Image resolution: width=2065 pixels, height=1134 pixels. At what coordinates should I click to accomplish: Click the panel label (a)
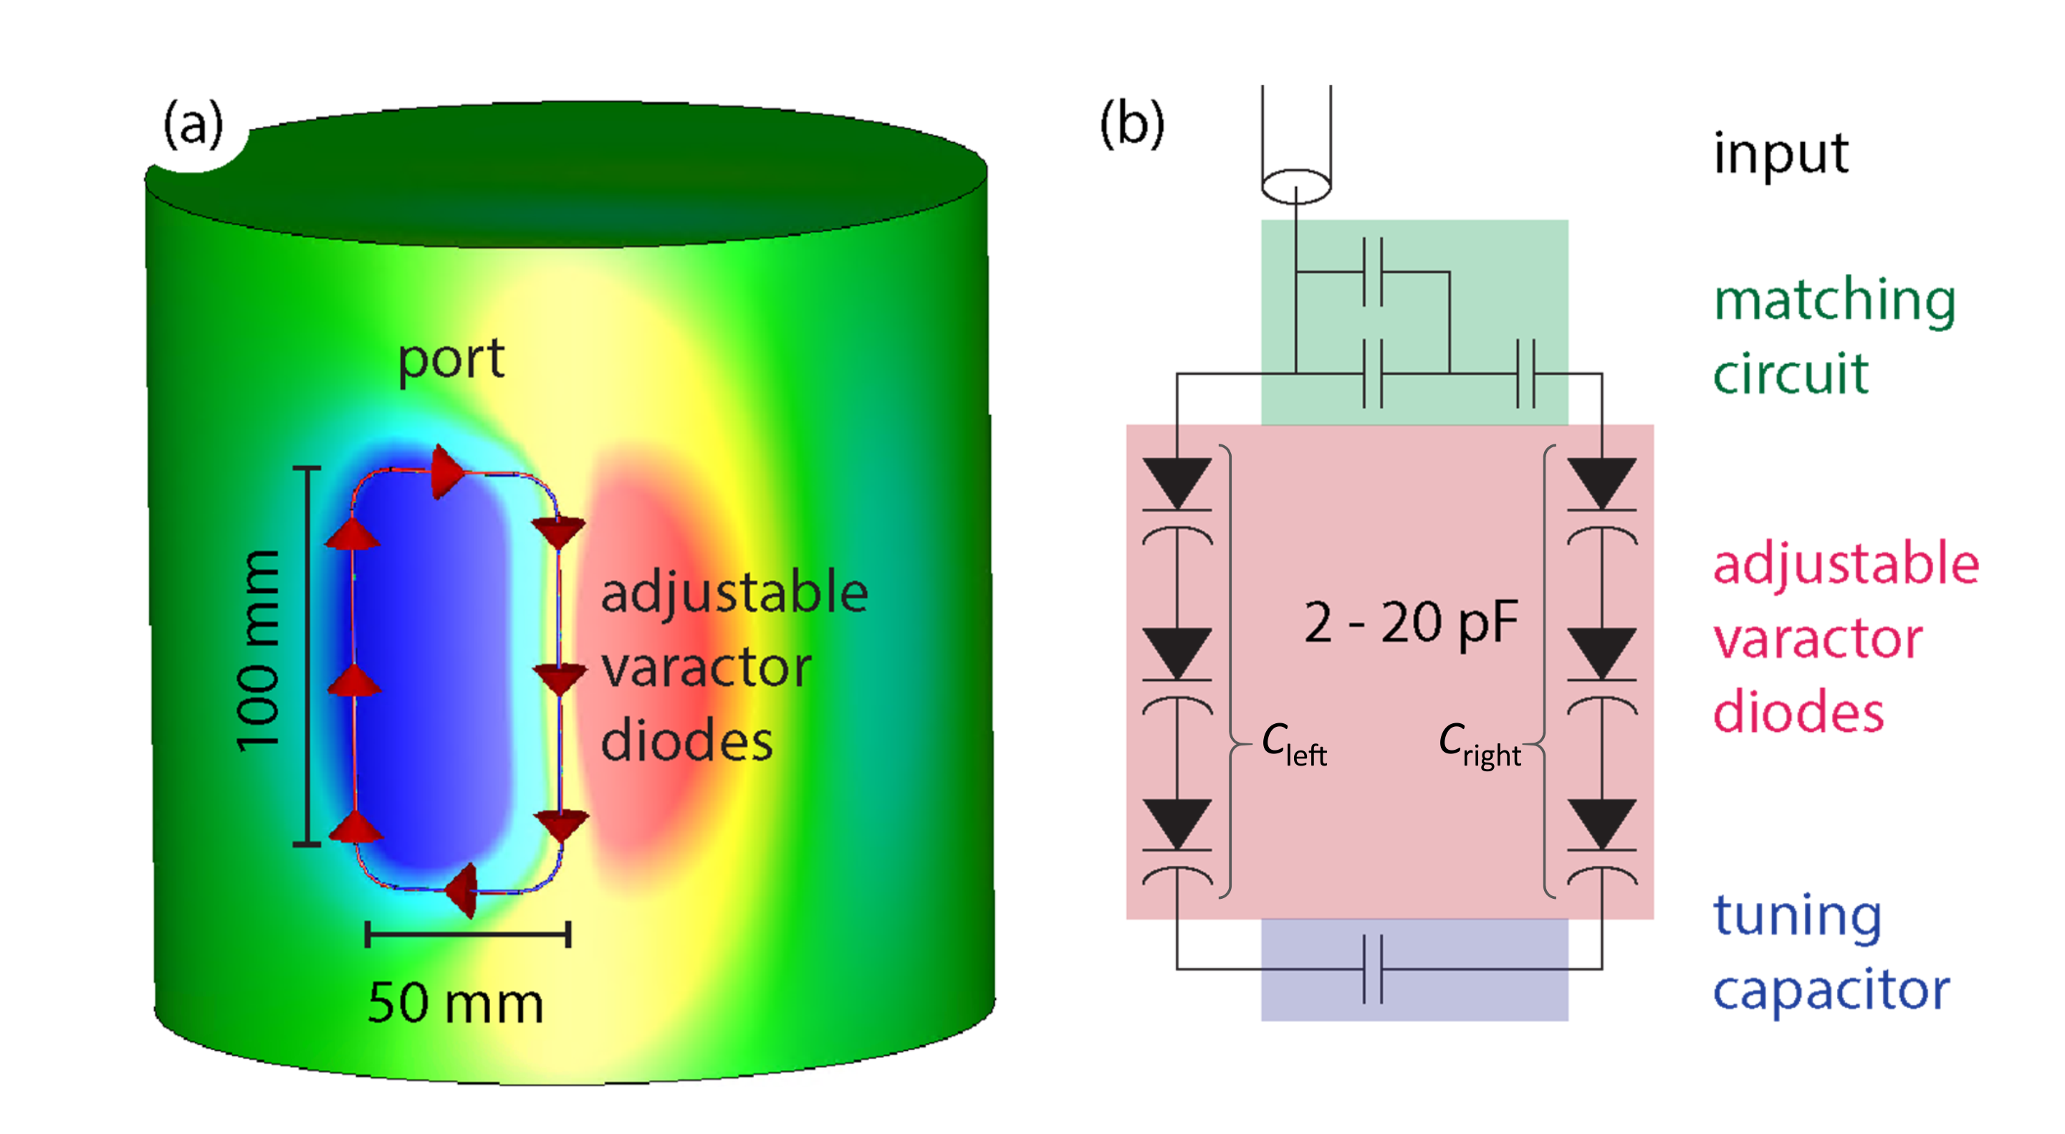coord(193,126)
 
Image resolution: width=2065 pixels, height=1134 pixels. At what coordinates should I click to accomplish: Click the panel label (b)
coord(1131,126)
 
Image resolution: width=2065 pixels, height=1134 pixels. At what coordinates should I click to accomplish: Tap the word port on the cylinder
coord(451,360)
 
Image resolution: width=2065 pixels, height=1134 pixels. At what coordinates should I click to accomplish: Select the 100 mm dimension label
coord(258,651)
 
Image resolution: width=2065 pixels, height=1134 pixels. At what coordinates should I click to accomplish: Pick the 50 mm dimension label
coord(455,1004)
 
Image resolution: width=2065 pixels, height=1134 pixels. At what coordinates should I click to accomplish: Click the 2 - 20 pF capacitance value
coord(1411,623)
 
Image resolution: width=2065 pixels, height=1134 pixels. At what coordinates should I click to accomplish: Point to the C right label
coord(1480,744)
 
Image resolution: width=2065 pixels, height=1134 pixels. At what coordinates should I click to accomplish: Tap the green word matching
coord(1835,302)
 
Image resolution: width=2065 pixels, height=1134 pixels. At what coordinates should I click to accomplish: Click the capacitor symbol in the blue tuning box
coord(1373,969)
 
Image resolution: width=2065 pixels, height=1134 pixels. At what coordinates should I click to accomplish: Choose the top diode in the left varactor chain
coord(1177,485)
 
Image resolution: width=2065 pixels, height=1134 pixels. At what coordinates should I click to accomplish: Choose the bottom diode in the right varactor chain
coord(1601,824)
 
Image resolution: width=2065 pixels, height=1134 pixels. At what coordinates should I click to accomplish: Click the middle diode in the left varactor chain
coord(1177,654)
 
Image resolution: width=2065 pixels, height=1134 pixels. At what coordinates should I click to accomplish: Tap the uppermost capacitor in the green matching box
coord(1373,272)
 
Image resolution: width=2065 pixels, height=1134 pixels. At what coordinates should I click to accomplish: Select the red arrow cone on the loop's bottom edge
coord(464,890)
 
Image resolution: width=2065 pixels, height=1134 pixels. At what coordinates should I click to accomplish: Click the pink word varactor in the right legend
coord(1818,639)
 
